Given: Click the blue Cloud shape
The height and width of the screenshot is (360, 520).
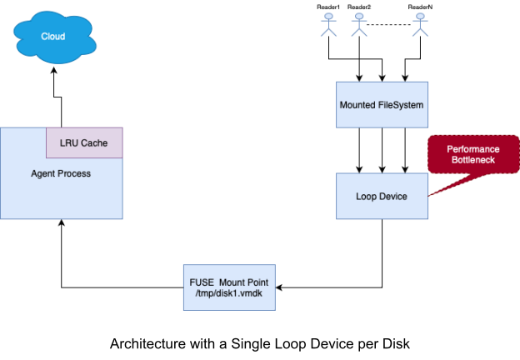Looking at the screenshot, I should pyautogui.click(x=54, y=36).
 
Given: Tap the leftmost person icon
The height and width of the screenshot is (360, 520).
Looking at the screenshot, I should pyautogui.click(x=328, y=24).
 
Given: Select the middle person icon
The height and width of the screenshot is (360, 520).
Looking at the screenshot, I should pyautogui.click(x=359, y=24).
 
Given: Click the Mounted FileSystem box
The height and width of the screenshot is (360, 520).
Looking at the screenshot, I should pyautogui.click(x=382, y=105).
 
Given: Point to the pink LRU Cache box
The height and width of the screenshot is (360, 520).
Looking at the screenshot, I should pyautogui.click(x=84, y=142).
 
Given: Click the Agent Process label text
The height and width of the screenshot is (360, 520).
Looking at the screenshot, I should pyautogui.click(x=61, y=173).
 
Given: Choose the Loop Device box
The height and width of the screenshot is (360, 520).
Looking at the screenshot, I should pyautogui.click(x=382, y=197).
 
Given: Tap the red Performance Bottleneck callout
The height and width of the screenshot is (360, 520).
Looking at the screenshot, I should pyautogui.click(x=473, y=154).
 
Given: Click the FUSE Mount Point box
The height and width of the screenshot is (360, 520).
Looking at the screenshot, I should pyautogui.click(x=229, y=287).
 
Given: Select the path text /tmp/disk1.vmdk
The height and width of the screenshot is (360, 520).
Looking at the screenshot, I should pyautogui.click(x=229, y=294).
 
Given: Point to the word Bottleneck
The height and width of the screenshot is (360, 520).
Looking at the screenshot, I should pyautogui.click(x=473, y=160).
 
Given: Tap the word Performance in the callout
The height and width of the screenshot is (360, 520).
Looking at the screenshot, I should pyautogui.click(x=473, y=148).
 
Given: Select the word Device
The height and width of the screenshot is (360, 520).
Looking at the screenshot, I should pyautogui.click(x=392, y=197).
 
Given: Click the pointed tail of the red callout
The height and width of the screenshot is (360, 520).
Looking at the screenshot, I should pyautogui.click(x=432, y=195).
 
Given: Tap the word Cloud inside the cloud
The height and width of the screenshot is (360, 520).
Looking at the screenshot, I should pyautogui.click(x=53, y=37).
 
